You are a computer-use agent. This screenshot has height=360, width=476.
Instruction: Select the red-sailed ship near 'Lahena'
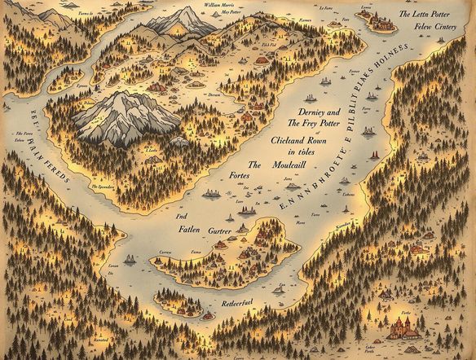click(373, 155)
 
